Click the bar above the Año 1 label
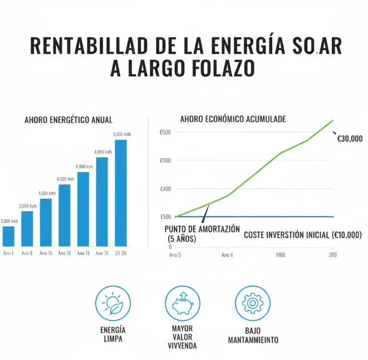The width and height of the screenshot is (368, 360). [x=8, y=236]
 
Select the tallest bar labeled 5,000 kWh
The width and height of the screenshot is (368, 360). [x=121, y=193]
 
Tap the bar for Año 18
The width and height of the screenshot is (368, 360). [x=102, y=202]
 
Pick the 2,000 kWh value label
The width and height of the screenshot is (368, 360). [x=27, y=206]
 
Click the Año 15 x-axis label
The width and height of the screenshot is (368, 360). [x=46, y=254]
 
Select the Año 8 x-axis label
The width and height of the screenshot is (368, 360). [x=27, y=254]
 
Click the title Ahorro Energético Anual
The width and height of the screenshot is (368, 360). [x=68, y=120]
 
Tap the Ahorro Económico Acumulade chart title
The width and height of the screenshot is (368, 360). [x=233, y=119]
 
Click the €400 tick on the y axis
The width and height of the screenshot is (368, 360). [x=165, y=189]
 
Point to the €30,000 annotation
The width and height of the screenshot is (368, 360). [x=350, y=139]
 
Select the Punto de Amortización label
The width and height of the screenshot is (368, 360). [x=203, y=229]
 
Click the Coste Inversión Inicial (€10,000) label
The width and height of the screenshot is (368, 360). [x=303, y=235]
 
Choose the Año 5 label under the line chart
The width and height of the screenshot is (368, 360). [x=175, y=254]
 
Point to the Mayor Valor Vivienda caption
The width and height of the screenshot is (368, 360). [x=183, y=337]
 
